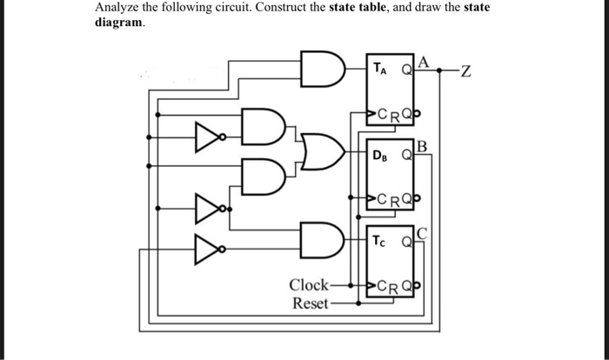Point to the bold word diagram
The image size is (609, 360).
click(x=119, y=23)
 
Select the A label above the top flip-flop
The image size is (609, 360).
click(x=424, y=61)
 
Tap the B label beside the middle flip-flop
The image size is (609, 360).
click(x=424, y=146)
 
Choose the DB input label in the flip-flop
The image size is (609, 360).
click(x=381, y=156)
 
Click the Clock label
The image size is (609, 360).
click(x=309, y=285)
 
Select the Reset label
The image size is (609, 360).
click(x=310, y=303)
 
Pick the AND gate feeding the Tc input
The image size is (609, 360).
click(x=317, y=237)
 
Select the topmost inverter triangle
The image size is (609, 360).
click(x=204, y=137)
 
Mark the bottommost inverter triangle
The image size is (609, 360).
click(x=204, y=250)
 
